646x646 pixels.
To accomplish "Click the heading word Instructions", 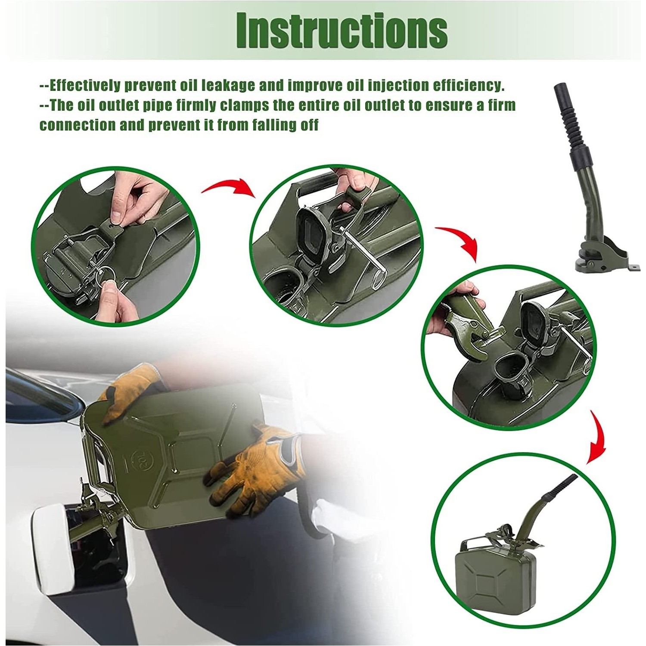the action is click(342, 31).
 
